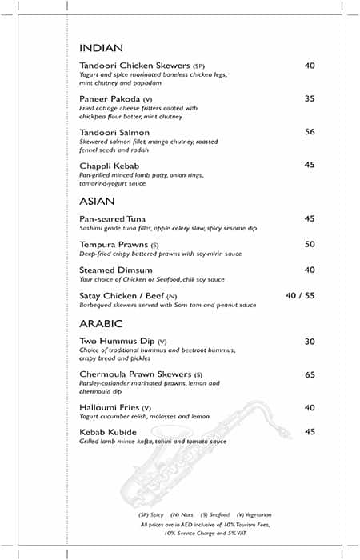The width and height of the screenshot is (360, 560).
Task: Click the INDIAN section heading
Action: coord(102,48)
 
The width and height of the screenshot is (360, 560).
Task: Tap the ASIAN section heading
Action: coord(98,201)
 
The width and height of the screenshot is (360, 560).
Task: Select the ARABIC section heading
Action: coord(101,324)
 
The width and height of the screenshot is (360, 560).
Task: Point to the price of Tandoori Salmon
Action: coord(310,132)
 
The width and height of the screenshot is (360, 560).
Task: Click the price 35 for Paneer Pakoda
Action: coord(310,99)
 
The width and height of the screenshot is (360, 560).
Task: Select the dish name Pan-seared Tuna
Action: coord(113,218)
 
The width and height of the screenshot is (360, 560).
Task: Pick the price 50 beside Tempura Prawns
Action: coord(310,244)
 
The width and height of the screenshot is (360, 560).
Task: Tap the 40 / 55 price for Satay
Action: coord(300,296)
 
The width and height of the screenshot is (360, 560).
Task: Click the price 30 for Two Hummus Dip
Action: coord(310,342)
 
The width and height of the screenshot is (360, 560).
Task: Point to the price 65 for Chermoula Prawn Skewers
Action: coord(310,374)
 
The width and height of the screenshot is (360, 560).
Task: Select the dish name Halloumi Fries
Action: coord(110,407)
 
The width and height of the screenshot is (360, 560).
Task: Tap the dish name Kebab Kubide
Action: coord(108,433)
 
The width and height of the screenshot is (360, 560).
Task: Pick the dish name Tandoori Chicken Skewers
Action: coord(134,66)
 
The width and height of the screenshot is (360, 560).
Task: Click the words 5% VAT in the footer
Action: coord(236,532)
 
